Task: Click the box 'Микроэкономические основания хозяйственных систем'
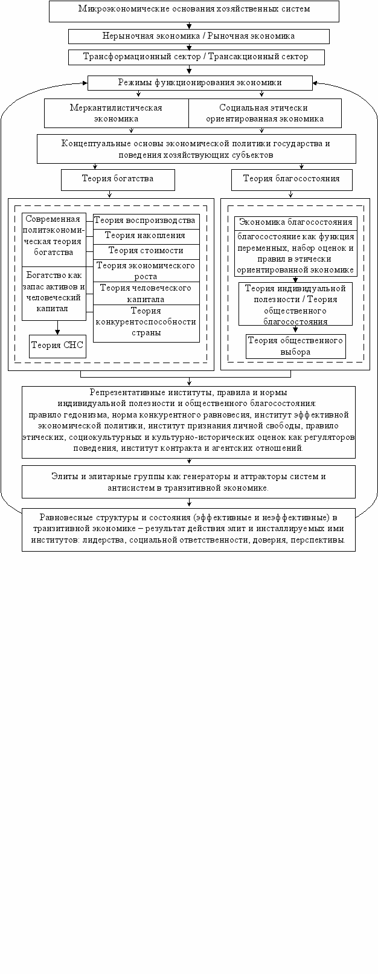tap(193, 10)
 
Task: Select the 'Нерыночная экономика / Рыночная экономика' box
tap(199, 36)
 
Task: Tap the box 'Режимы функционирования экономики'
tap(200, 82)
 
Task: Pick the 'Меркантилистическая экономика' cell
tap(117, 113)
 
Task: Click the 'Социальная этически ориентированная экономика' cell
tap(264, 113)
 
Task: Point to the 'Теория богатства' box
tap(118, 179)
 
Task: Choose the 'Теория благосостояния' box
tap(292, 179)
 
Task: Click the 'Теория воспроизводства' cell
tap(146, 221)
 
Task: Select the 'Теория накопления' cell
tap(146, 236)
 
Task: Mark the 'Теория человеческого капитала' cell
tap(146, 294)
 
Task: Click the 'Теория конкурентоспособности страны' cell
tap(146, 323)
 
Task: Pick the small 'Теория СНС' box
tap(57, 346)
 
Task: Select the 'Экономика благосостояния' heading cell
tap(296, 223)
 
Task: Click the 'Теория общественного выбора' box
tap(296, 346)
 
